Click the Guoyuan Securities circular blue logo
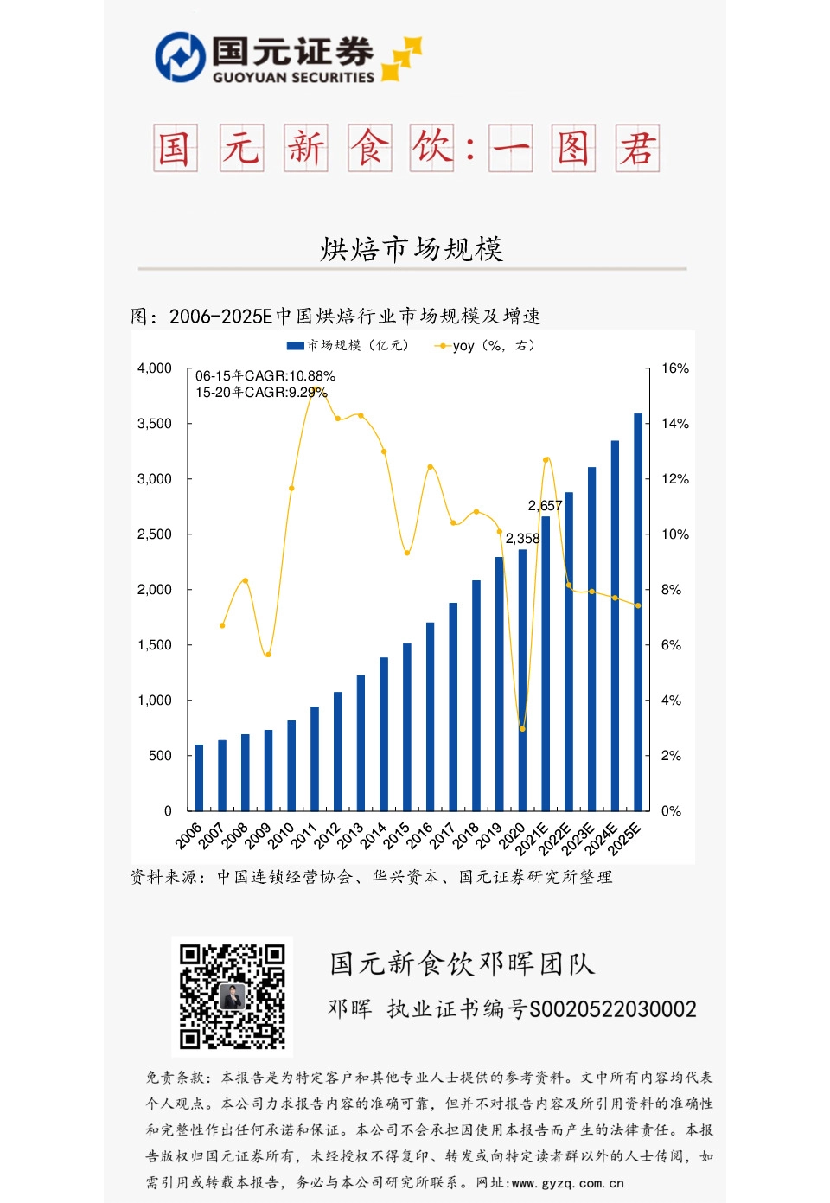pos(179,57)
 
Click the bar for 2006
pos(200,777)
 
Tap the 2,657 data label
pos(545,506)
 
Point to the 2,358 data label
pos(522,539)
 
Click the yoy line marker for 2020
pos(522,728)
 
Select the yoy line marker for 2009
pos(268,655)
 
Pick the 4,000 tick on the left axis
pos(155,368)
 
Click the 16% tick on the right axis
pos(675,368)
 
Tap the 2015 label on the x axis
pos(397,835)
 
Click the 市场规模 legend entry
pos(347,346)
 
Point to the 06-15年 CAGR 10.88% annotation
pos(265,376)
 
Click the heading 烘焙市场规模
pos(412,249)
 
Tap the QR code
pos(232,996)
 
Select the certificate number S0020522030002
pos(612,1009)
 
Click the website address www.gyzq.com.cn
pos(567,1183)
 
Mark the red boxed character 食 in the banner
pos(370,148)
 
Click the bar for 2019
pos(500,683)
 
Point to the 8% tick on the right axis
pos(671,590)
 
